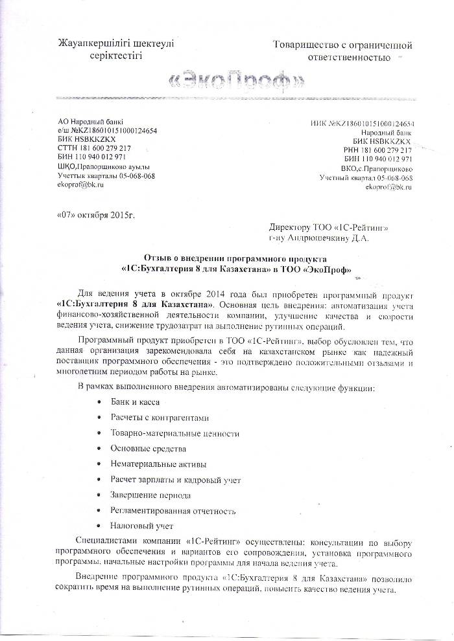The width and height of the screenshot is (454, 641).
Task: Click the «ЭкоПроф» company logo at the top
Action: [235, 82]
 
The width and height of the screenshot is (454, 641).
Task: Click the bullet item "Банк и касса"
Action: [135, 401]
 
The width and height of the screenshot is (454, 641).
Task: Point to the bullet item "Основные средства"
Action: [149, 448]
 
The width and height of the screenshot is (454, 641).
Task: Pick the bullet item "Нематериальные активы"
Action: [158, 464]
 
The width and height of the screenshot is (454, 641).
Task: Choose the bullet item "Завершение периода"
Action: [150, 495]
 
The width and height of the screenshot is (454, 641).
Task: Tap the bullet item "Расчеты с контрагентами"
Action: [160, 418]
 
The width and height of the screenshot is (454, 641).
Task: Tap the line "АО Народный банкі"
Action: [90, 122]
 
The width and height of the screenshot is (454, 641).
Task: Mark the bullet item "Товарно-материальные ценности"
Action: [175, 433]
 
